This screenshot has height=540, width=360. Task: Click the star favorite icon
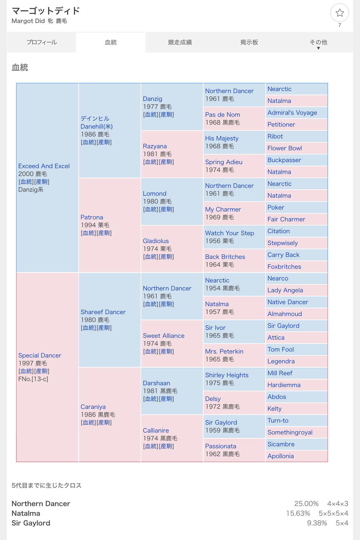339,13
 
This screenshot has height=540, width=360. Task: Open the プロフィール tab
42,42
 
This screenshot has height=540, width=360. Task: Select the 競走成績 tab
180,42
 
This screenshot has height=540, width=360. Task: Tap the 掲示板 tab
249,42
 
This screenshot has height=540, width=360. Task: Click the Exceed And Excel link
44,166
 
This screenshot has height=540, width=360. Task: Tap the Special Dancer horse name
40,355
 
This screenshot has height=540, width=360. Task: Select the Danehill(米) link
96,126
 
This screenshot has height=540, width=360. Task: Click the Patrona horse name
92,217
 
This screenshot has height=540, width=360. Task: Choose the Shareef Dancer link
103,312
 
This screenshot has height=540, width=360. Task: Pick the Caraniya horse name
93,407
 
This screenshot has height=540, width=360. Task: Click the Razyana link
155,146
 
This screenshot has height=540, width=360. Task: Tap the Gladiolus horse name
156,241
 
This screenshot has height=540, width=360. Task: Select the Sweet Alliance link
164,336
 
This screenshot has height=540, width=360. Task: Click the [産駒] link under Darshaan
166,399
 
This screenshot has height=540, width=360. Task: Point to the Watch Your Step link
230,233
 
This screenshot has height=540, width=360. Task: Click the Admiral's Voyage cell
292,113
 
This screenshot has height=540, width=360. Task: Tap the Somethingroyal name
290,432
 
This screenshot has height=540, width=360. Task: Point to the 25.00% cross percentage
306,504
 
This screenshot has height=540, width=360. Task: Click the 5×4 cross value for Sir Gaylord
342,523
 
